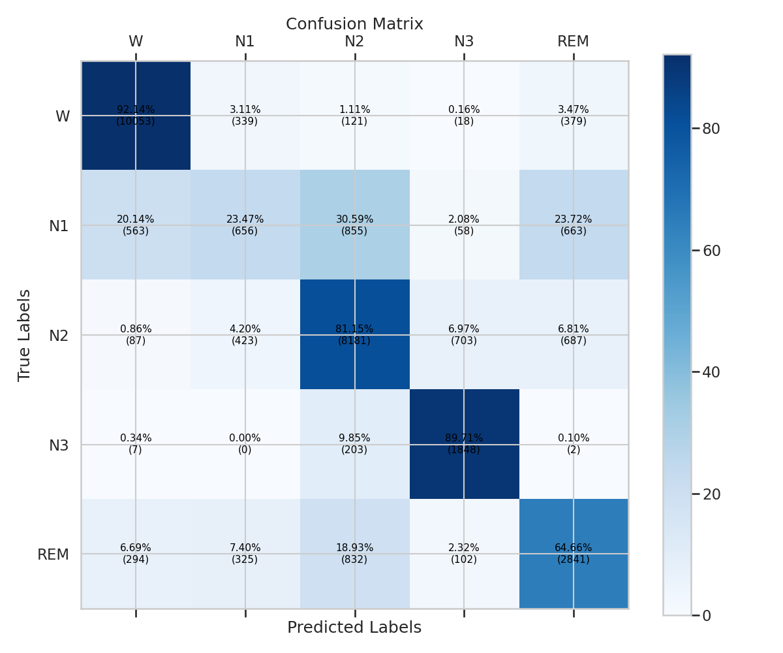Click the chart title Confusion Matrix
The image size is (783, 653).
coord(354,24)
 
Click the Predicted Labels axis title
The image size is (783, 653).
coord(354,628)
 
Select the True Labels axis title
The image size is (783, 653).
coord(25,335)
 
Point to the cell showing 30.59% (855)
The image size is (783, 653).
coord(354,225)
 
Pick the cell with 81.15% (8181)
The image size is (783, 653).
coord(354,335)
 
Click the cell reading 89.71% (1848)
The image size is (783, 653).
coord(464,444)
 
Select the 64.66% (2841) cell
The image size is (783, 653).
coord(574,554)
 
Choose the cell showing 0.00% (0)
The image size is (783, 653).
coord(245,444)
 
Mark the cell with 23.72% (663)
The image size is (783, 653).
coord(574,225)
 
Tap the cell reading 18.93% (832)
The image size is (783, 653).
coord(354,554)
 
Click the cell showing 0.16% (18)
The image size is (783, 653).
coord(464,116)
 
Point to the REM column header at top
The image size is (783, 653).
coord(574,42)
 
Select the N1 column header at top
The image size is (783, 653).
coord(245,42)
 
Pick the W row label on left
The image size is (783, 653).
coord(63,116)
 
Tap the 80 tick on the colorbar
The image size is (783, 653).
coord(711,129)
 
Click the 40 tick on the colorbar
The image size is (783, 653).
coord(711,372)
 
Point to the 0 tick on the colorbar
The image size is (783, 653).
coord(707,615)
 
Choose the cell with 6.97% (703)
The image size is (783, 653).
coord(464,335)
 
